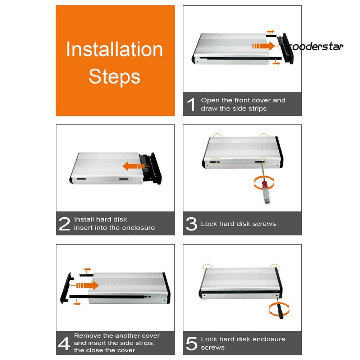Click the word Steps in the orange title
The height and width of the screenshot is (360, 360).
115,77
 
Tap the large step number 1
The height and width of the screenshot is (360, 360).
191,105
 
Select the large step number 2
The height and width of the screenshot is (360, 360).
64,224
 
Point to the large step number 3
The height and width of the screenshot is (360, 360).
191,224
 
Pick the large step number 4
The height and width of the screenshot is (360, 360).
64,343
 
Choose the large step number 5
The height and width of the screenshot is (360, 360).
191,343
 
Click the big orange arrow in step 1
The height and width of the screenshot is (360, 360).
263,46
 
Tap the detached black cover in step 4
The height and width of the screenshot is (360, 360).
65,288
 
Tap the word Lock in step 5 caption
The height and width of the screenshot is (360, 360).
209,339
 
